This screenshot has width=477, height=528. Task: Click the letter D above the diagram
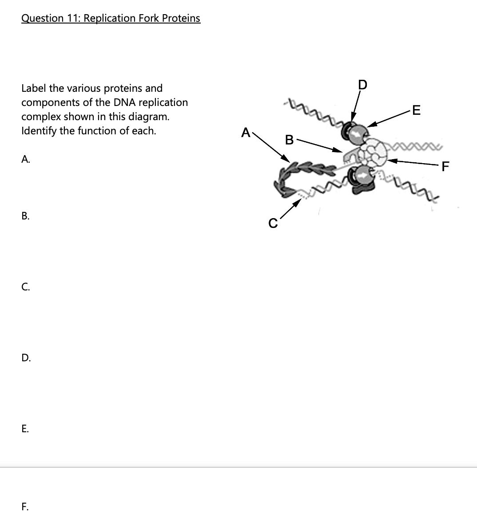[x=362, y=85]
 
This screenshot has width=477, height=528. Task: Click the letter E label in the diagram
[x=416, y=110]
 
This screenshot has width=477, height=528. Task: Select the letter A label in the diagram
[x=245, y=132]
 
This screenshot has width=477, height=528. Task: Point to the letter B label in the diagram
[x=289, y=140]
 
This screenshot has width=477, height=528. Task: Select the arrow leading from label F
[x=413, y=164]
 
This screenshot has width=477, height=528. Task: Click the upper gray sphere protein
[x=358, y=133]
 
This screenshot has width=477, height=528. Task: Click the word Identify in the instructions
[x=39, y=131]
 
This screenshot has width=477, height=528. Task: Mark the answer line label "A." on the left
[x=25, y=160]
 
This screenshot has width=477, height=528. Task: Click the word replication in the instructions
[x=163, y=102]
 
